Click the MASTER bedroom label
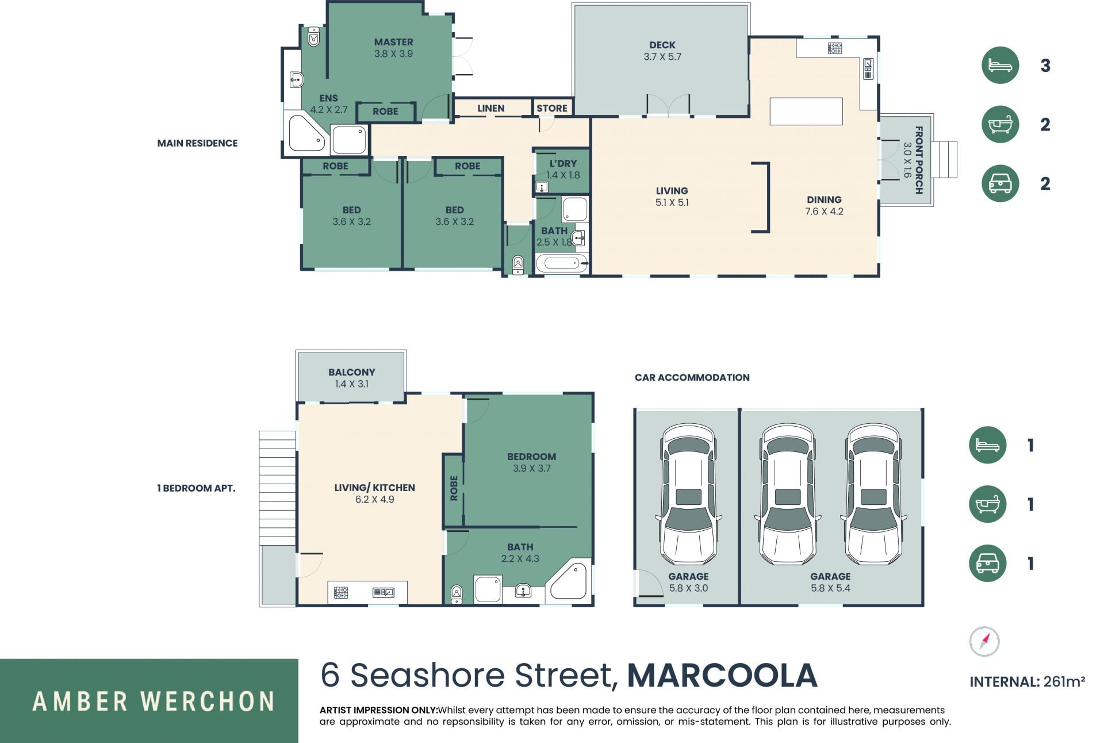[x=393, y=42]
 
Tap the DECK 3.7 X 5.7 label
[x=662, y=51]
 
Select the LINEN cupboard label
[x=490, y=108]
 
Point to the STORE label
[x=552, y=108]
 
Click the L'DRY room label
[x=563, y=163]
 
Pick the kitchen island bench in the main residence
[x=806, y=112]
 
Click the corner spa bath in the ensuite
[x=306, y=133]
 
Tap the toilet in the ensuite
[x=313, y=36]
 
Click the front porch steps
[x=945, y=159]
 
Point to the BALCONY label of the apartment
[x=351, y=372]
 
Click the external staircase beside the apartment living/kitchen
[x=277, y=488]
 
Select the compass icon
[x=984, y=641]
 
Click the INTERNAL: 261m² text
[x=1027, y=682]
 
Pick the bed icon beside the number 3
[x=1000, y=65]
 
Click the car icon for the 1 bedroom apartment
[x=987, y=563]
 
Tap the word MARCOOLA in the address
[x=722, y=676]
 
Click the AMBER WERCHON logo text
[x=153, y=702]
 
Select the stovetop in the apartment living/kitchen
[x=341, y=592]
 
